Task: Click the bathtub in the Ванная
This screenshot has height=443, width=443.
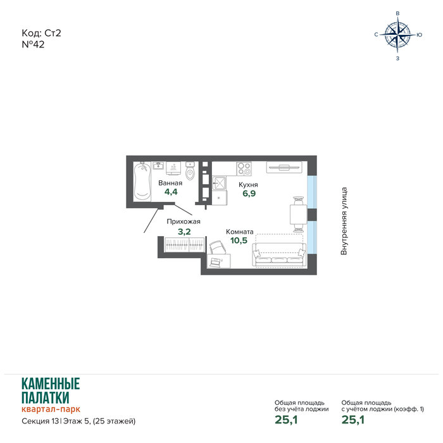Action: (142, 181)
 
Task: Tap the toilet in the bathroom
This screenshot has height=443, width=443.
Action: (190, 172)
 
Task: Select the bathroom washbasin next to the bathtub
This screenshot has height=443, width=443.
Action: (158, 165)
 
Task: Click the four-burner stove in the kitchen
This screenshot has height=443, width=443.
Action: (244, 168)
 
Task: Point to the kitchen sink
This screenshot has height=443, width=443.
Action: (219, 183)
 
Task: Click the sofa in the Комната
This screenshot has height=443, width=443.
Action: (279, 254)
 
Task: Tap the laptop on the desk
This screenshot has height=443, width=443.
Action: (215, 262)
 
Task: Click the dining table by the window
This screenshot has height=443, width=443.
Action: (298, 214)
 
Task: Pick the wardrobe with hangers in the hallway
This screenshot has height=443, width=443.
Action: (185, 244)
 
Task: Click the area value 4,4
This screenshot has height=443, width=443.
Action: (171, 192)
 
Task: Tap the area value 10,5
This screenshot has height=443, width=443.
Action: (239, 240)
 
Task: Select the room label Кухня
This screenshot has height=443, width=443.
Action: (248, 185)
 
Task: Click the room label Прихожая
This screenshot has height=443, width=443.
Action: (184, 221)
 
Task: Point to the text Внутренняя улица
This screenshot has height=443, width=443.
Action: (344, 221)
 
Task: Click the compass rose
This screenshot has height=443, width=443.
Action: (397, 35)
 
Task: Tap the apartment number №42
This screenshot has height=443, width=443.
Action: (33, 45)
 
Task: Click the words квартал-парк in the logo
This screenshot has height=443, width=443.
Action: (51, 409)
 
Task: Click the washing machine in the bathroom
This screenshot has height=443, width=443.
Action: (173, 169)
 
